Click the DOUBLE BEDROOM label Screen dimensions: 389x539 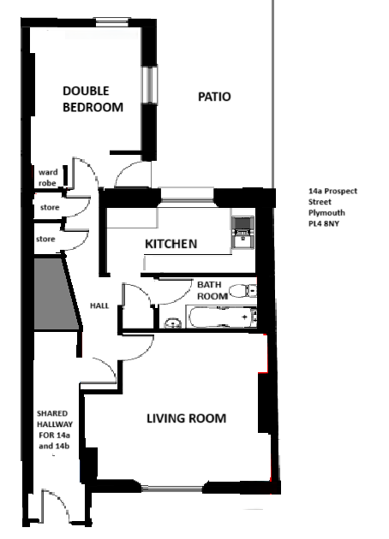click(93, 99)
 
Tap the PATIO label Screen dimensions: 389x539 click(214, 97)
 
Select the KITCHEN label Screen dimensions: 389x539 click(171, 244)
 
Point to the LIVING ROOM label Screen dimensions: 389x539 click(187, 418)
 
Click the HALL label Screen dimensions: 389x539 click(99, 305)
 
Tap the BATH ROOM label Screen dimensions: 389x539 click(212, 291)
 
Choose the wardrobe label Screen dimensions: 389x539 click(48, 177)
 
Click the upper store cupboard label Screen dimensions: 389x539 click(50, 207)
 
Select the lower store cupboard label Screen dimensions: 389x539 click(45, 239)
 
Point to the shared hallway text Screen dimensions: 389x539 click(55, 429)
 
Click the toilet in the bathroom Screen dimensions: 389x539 click(242, 291)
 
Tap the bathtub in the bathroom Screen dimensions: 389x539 click(223, 317)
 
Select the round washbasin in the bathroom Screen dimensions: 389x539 click(173, 323)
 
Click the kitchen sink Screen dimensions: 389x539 click(242, 239)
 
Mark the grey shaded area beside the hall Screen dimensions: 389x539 click(55, 294)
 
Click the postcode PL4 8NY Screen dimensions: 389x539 click(324, 224)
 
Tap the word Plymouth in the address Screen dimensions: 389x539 click(326, 213)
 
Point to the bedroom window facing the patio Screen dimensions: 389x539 click(150, 84)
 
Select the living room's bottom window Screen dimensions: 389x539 click(172, 488)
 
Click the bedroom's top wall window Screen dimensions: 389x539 click(112, 22)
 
